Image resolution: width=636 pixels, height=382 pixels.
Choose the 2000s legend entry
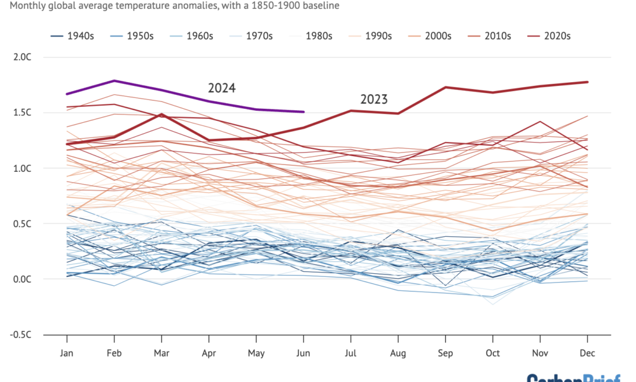437,36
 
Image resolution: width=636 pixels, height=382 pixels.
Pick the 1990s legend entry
378,36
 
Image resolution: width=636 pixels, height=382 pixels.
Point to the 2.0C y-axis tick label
22,57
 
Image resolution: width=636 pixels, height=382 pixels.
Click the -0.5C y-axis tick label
21,335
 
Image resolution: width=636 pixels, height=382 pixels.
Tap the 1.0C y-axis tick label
22,168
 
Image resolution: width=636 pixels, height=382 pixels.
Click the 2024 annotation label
222,88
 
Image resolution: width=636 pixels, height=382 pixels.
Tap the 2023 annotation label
374,99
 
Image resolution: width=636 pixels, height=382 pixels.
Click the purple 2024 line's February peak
114,81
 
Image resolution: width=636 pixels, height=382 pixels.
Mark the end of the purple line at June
303,112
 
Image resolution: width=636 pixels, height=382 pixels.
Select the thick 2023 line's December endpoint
587,82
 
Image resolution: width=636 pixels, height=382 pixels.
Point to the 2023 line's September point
445,87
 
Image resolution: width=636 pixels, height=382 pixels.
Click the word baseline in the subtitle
321,6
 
